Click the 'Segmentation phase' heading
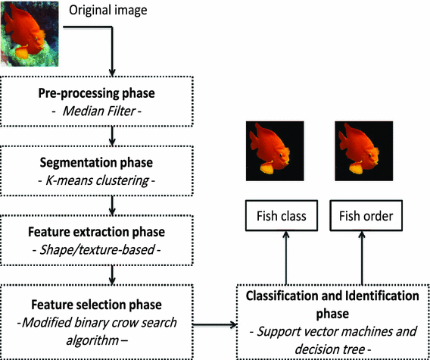click(x=113, y=163)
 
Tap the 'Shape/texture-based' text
click(x=113, y=249)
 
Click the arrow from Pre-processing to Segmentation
click(x=113, y=135)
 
